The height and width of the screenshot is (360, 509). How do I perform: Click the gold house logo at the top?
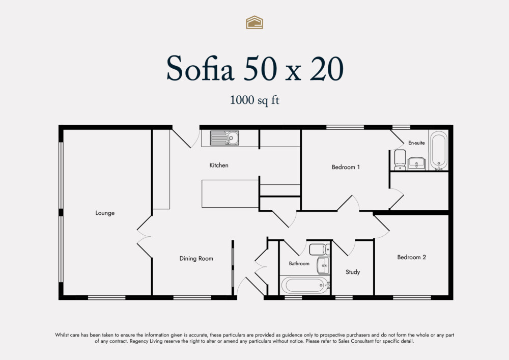[254, 22]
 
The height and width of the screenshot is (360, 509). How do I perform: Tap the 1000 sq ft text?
[254, 100]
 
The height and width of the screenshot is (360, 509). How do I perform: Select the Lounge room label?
[105, 213]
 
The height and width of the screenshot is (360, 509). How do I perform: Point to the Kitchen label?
[219, 165]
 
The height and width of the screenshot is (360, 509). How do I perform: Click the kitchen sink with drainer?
[224, 137]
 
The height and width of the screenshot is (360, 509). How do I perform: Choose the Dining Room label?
[196, 258]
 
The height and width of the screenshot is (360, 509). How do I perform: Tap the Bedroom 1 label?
[346, 167]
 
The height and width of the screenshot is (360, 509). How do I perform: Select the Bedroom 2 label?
[412, 257]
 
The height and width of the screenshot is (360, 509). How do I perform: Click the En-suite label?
[416, 143]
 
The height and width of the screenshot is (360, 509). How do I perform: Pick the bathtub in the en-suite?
[438, 151]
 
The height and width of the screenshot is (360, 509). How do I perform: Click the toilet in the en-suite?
[400, 158]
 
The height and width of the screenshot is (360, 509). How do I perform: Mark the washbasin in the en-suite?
[416, 163]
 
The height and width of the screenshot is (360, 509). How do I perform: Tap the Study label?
[353, 272]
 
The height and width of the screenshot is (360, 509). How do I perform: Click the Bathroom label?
[299, 263]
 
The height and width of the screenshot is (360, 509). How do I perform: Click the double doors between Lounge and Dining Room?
[144, 236]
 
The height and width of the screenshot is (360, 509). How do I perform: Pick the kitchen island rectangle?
[230, 193]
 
